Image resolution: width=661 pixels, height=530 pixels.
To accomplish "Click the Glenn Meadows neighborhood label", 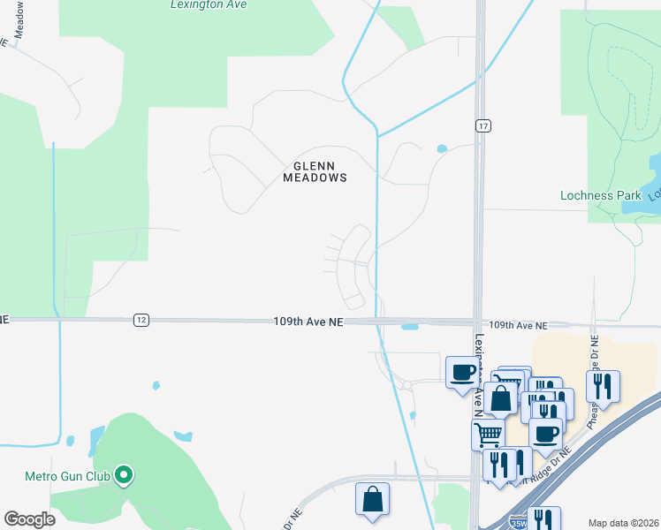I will coord(315,171).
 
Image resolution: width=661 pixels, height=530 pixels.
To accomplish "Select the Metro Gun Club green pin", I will coord(125,476).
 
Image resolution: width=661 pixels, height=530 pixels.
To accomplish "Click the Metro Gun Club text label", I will coord(67,477).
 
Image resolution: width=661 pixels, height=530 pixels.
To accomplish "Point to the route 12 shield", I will coord(141,320).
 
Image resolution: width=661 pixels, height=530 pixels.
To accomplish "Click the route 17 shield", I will coord(482,125).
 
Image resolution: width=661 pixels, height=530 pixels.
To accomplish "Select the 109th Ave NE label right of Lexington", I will coord(518,326).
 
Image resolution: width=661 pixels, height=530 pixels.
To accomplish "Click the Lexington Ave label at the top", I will coord(209,4).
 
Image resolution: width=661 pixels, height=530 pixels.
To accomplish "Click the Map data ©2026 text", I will coord(623,523).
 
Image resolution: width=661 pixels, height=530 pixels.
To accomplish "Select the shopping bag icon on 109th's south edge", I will coord(373,498).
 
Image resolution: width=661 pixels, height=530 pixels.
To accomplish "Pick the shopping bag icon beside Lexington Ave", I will coord(500,398).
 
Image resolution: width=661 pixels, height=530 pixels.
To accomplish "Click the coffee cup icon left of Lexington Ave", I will coord(461,371).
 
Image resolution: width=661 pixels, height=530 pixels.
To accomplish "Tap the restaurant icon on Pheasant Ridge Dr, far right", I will coord(603,385).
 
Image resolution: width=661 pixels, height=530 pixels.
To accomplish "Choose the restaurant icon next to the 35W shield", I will coord(543,520).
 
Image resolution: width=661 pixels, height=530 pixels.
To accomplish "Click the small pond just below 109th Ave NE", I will coord(409,328).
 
